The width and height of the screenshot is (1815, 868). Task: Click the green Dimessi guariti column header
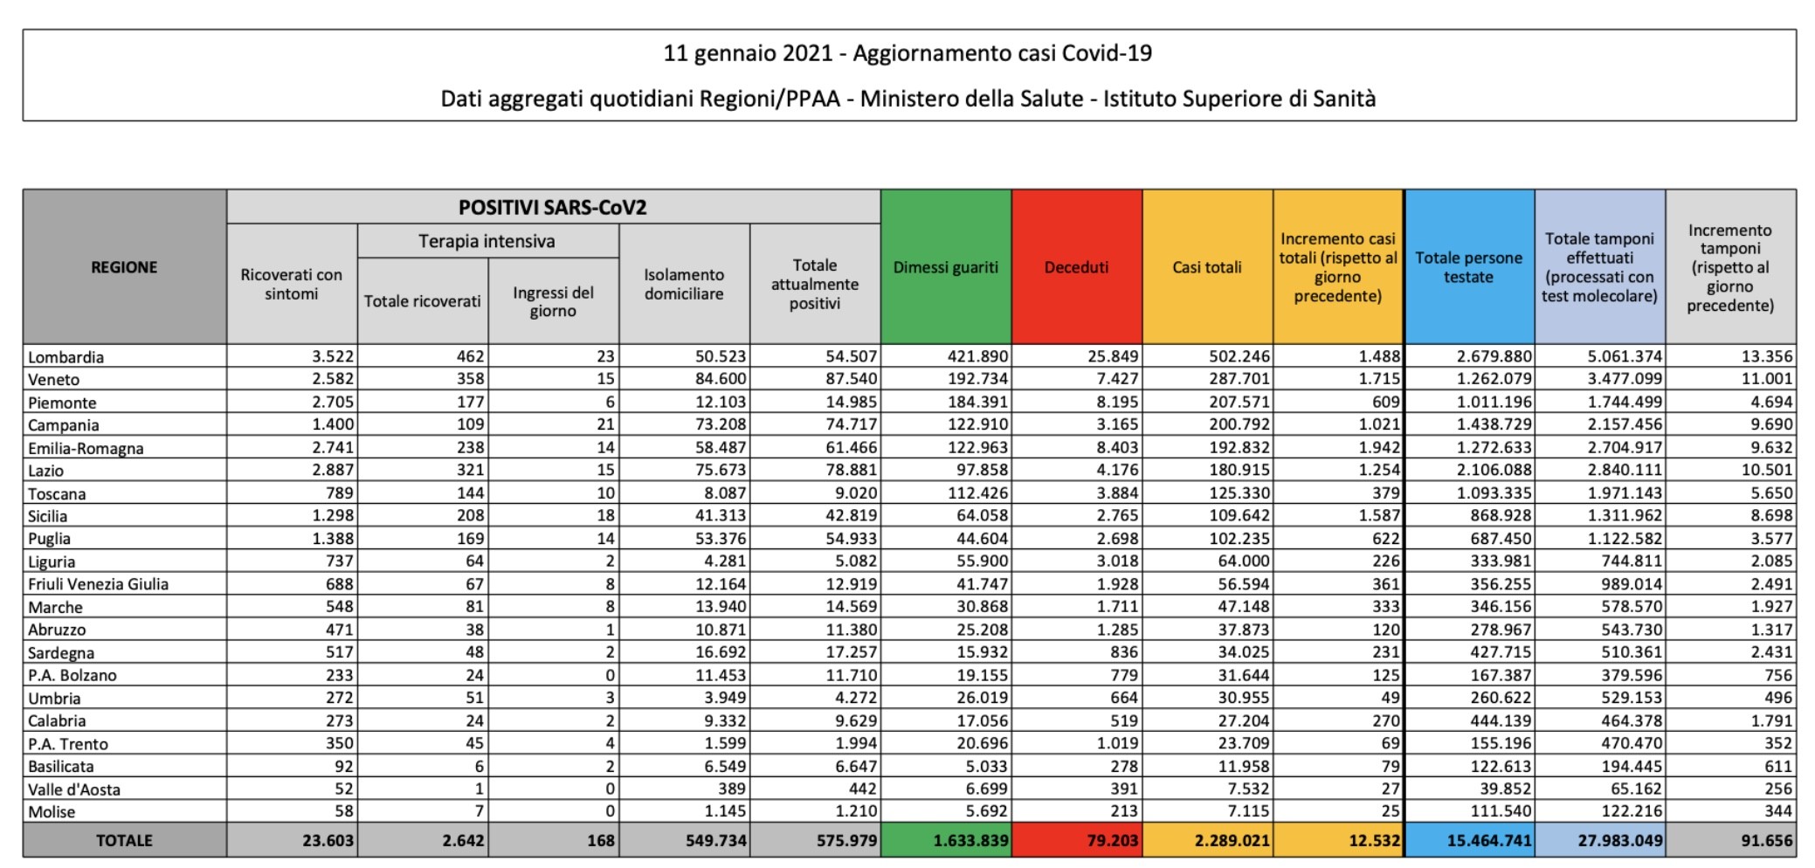click(x=946, y=267)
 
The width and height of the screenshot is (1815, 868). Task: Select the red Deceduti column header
click(x=1077, y=267)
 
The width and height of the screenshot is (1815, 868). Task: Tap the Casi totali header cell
click(x=1207, y=267)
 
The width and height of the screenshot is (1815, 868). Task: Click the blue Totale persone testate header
click(x=1469, y=267)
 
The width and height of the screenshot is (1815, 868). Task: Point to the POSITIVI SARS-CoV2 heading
click(x=553, y=208)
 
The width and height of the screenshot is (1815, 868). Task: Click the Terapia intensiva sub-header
click(x=487, y=241)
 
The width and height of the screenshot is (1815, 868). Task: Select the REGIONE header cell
click(x=124, y=267)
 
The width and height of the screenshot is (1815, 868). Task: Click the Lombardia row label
click(x=66, y=357)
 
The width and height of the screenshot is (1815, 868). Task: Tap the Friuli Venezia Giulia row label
click(x=99, y=584)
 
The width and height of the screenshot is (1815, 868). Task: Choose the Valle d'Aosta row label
click(x=74, y=789)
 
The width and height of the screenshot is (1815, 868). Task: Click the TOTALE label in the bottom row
click(x=124, y=841)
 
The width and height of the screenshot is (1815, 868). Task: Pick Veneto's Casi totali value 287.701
click(x=1235, y=379)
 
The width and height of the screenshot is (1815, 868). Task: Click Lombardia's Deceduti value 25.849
click(x=1108, y=356)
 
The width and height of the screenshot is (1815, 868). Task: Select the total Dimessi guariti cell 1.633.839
click(x=970, y=841)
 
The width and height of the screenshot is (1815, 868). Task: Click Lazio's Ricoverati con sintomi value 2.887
click(x=333, y=470)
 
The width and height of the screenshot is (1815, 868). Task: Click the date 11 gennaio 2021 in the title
click(x=748, y=53)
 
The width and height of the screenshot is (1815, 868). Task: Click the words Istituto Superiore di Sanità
click(x=1239, y=99)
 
